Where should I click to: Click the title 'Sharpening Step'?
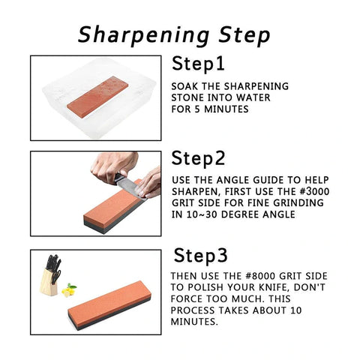[x=175, y=34]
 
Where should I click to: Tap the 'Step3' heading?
[x=200, y=256]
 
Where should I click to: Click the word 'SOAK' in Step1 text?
[x=184, y=85]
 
